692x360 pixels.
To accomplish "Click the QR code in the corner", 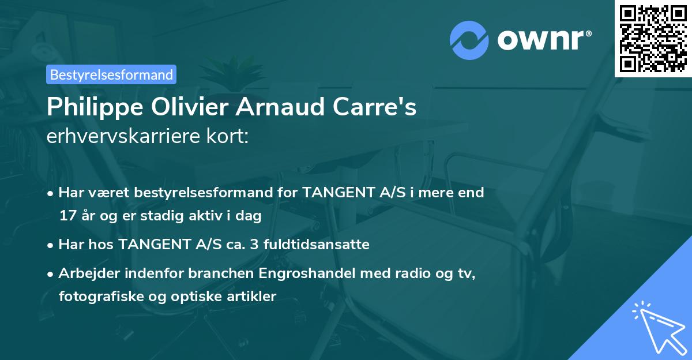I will [x=653, y=38].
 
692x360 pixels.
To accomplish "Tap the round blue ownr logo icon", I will [x=470, y=40].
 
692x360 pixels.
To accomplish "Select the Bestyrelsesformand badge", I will [x=111, y=74].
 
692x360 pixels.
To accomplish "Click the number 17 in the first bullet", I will [x=66, y=216].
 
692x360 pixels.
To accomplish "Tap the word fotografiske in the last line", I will [x=97, y=297].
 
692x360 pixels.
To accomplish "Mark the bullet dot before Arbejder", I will [x=51, y=273].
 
